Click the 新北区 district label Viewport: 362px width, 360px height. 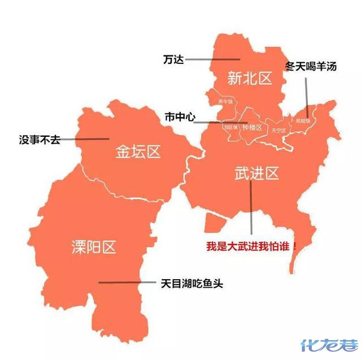(250, 78)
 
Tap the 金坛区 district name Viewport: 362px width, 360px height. (138, 151)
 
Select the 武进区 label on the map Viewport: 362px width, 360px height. (257, 174)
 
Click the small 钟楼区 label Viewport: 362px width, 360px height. (250, 128)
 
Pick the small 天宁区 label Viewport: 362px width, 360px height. (278, 130)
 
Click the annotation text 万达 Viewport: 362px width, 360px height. (173, 59)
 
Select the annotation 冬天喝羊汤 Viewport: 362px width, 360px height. (311, 66)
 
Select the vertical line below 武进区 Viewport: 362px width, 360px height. (250, 208)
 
